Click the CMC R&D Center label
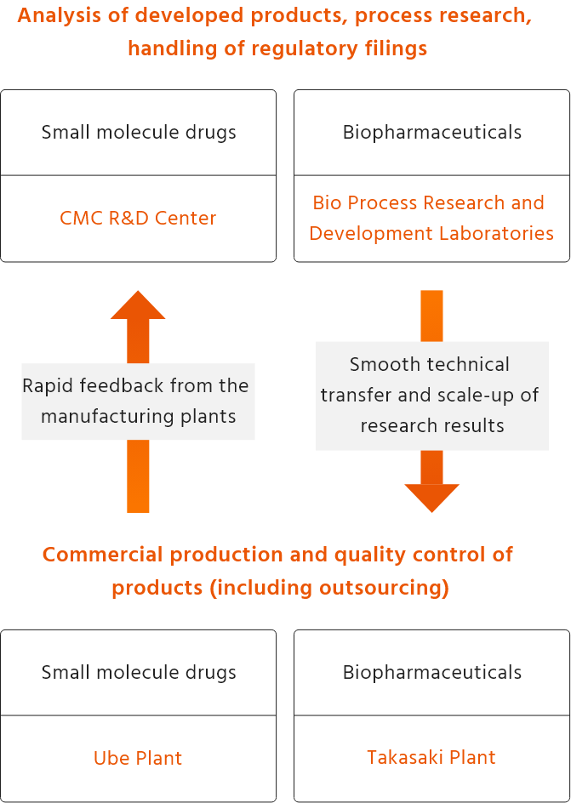point(138,218)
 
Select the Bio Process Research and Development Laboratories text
point(431,218)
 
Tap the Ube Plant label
point(138,758)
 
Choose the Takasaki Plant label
point(431,757)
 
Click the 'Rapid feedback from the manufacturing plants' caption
point(138,401)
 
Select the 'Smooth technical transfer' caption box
point(432,395)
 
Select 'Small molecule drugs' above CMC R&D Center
point(139,132)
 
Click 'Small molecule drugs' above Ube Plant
point(139,672)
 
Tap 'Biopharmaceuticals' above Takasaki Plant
point(432,672)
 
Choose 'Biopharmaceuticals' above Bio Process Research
point(432,132)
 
